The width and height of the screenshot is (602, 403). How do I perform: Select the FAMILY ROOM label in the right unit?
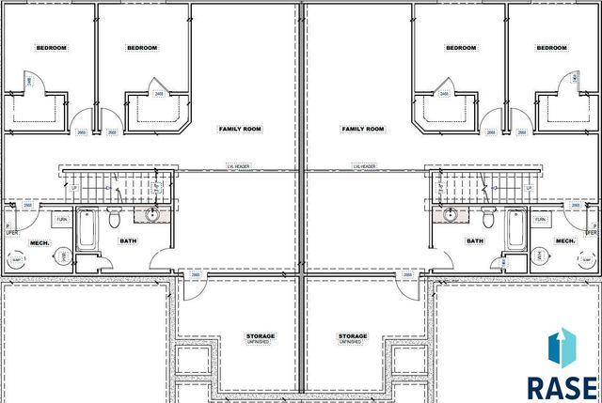(363, 128)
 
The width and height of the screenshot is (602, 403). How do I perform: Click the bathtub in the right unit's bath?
(515, 229)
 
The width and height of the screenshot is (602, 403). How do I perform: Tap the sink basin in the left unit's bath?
(150, 215)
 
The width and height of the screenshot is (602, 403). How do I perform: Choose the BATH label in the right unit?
(476, 241)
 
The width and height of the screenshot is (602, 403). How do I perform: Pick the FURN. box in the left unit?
(62, 219)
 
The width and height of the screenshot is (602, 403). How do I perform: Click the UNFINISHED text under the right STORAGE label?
(354, 343)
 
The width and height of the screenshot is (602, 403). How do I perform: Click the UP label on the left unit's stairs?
(74, 188)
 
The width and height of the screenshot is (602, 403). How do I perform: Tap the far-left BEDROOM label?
(50, 48)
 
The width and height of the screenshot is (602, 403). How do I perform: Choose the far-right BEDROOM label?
(551, 48)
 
